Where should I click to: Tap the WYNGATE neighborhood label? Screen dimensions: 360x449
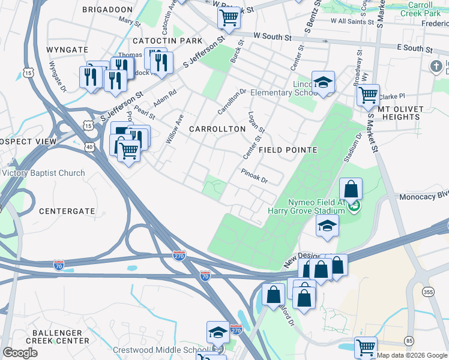coord(67,50)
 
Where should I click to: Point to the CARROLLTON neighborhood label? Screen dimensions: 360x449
coord(217,129)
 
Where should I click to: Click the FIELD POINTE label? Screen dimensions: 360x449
coord(288,149)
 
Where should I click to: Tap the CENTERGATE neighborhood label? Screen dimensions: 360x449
coord(67,211)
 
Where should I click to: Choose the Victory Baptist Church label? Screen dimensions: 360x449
coord(43,173)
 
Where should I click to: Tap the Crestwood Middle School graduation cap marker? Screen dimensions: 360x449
coord(218,331)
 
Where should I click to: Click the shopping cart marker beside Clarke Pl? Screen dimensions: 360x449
coord(368,95)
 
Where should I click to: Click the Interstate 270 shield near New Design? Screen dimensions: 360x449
coord(179,255)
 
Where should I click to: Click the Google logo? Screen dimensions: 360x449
coord(20,353)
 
